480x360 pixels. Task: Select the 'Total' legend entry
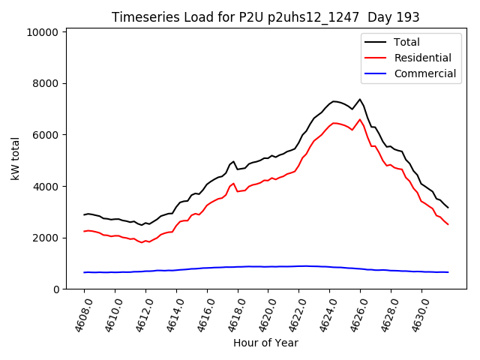(407, 42)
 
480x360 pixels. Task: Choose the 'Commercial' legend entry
(424, 73)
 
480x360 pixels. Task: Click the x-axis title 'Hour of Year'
(265, 343)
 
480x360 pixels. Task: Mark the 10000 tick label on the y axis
(42, 32)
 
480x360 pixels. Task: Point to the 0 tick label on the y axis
(55, 289)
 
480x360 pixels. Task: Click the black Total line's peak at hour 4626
(360, 99)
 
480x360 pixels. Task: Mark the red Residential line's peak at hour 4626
(360, 119)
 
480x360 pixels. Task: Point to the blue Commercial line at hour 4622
(298, 266)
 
